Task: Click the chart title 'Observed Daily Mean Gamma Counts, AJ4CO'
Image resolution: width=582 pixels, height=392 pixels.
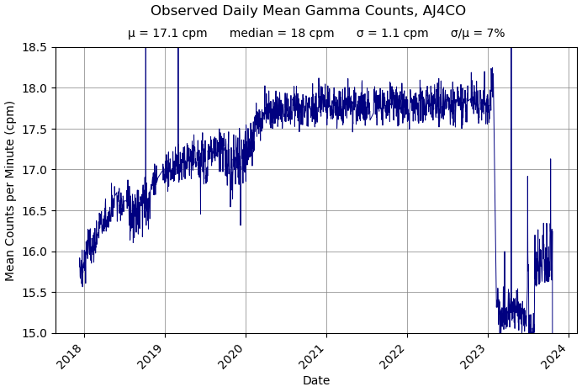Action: tap(308, 11)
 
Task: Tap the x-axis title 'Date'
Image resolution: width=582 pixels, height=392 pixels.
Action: tap(316, 381)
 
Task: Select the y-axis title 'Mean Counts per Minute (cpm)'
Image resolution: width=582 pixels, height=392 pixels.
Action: tap(11, 190)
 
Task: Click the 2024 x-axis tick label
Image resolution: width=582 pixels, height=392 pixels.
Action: tap(555, 356)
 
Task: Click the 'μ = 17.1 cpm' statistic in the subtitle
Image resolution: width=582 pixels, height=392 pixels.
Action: tap(167, 34)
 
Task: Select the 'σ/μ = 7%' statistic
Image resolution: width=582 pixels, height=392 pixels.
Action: tap(478, 34)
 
